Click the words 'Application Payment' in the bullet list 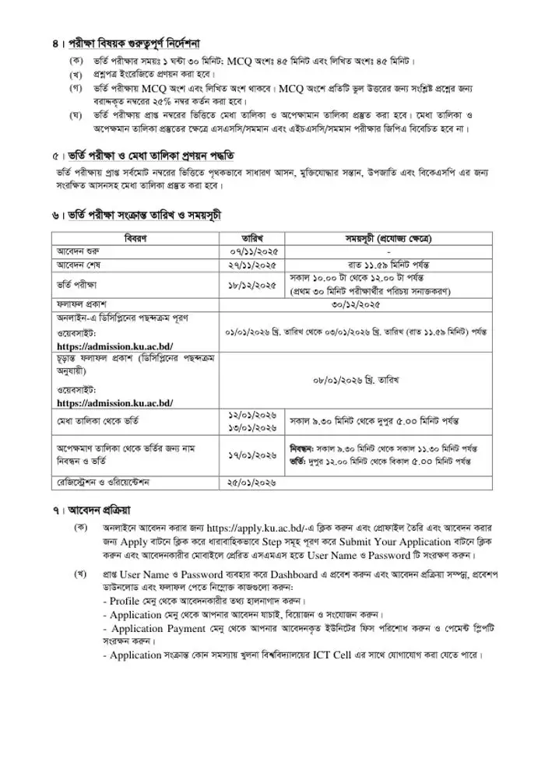tap(159, 629)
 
